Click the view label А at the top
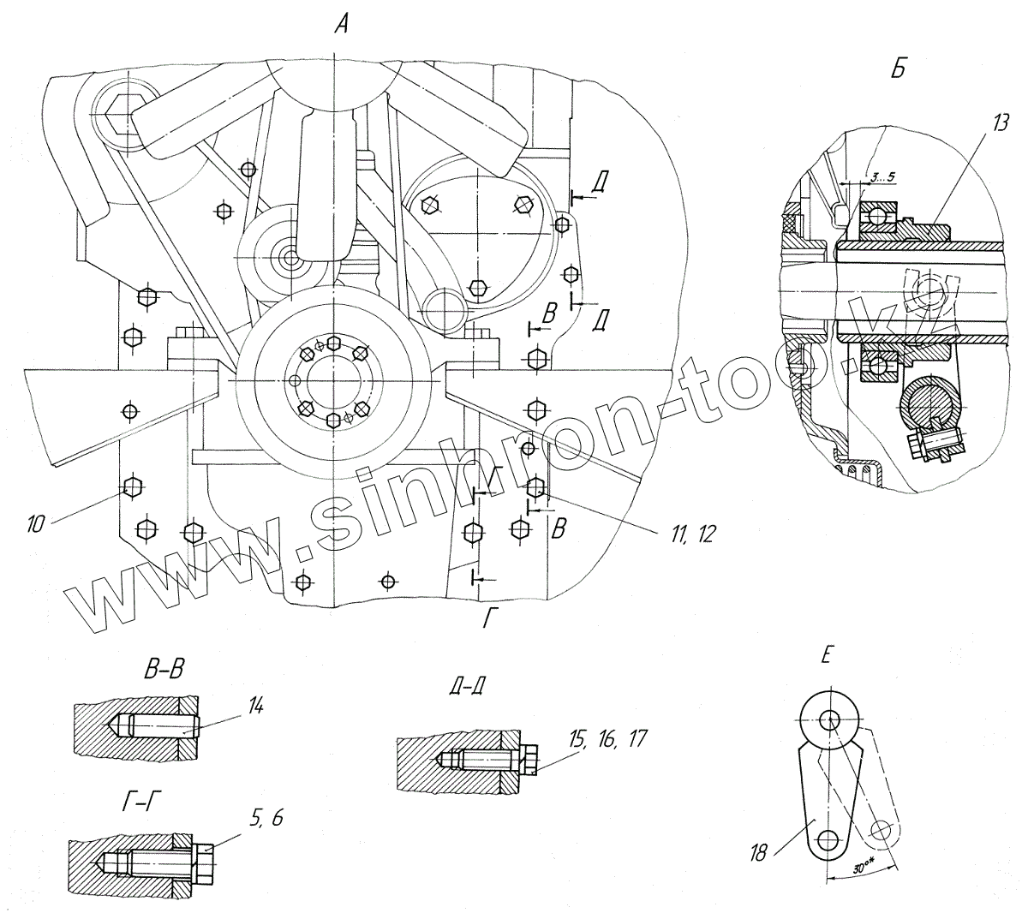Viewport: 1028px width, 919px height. [x=341, y=27]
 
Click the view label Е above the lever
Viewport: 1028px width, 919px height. [x=824, y=656]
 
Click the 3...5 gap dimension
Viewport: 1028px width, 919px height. [x=877, y=177]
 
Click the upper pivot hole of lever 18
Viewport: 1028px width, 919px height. [x=830, y=719]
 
